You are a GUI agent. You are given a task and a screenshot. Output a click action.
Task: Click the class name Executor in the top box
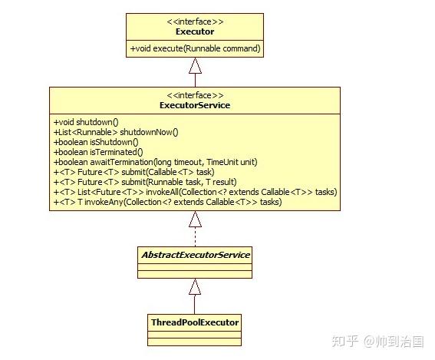click(196, 32)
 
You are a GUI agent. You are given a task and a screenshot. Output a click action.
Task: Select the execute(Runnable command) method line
click(196, 49)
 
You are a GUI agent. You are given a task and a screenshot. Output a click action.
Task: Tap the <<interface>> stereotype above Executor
click(196, 22)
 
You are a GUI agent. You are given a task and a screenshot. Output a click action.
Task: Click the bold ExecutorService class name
click(196, 105)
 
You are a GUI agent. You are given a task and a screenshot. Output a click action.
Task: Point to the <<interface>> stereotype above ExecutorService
click(196, 95)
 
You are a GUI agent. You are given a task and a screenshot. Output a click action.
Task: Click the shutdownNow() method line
click(115, 132)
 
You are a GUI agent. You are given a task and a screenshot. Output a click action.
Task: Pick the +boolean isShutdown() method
click(96, 142)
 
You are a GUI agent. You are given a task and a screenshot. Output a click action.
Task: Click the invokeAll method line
click(195, 192)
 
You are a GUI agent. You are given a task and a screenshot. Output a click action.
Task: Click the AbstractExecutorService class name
click(195, 255)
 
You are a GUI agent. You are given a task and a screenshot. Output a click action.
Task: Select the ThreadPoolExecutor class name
click(195, 322)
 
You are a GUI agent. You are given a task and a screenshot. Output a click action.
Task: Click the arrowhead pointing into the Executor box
click(196, 64)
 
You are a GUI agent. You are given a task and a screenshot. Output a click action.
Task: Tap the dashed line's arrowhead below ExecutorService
click(196, 220)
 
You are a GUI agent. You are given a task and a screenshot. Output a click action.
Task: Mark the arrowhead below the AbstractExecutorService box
click(196, 287)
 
